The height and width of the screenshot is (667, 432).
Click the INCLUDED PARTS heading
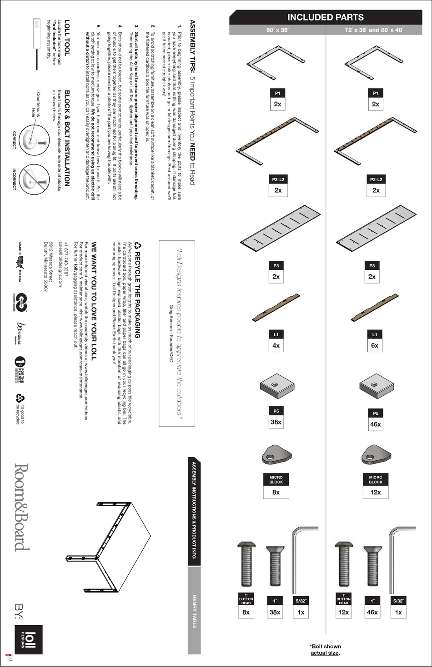tap(325, 17)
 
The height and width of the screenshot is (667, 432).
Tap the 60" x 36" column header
tap(277, 30)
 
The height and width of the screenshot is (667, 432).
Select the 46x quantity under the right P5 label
tap(376, 424)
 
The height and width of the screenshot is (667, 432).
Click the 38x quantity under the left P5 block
tap(276, 422)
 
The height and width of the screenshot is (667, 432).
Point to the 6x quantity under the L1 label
tap(375, 345)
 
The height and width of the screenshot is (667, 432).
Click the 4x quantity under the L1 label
tap(276, 345)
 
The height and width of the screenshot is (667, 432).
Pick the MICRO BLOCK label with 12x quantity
tap(376, 480)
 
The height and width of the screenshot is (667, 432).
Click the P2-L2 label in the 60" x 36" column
tap(278, 179)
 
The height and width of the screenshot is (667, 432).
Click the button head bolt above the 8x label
tap(246, 565)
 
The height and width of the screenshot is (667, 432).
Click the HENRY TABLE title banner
tap(194, 611)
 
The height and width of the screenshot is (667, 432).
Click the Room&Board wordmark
tap(22, 508)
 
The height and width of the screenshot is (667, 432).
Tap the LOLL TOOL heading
tap(66, 38)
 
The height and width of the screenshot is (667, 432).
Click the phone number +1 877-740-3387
tap(66, 258)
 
